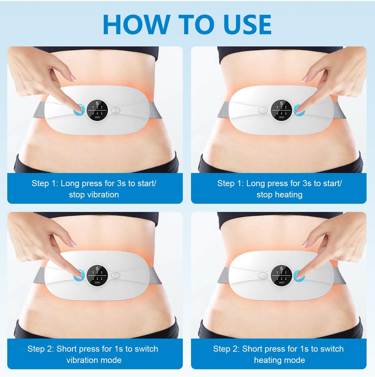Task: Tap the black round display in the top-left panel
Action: [97, 110]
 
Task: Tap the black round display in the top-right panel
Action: [281, 110]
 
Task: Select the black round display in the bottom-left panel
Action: [97, 275]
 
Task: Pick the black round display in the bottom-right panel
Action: [281, 275]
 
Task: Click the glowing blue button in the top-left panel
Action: [79, 110]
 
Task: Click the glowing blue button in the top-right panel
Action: [299, 110]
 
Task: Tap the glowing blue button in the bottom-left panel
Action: [79, 275]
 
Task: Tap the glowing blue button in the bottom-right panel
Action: [299, 275]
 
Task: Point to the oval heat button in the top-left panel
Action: [115, 110]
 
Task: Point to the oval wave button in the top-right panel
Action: [263, 110]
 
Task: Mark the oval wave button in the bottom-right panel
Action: [263, 275]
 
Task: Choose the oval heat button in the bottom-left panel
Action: [115, 275]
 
